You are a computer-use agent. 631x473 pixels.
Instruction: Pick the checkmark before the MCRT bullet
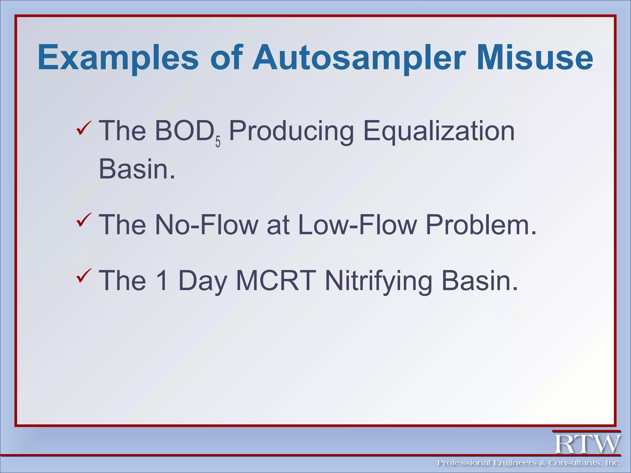click(83, 275)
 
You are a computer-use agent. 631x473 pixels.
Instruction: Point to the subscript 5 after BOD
click(218, 143)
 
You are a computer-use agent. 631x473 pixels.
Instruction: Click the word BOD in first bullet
click(184, 131)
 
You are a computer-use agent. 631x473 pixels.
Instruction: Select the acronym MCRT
click(276, 281)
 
